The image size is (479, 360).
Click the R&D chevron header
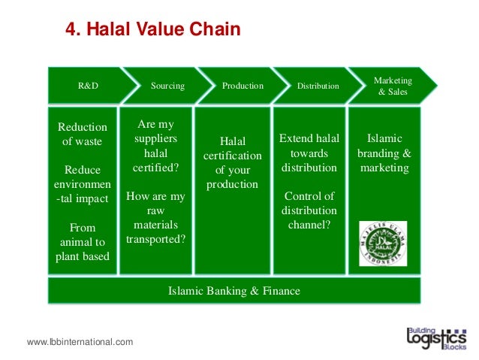pos(88,86)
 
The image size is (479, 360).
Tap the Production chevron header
pos(243,86)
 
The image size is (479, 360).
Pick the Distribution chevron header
pos(318,86)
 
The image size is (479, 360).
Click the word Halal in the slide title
pos(109,30)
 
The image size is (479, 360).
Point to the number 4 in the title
pos(71,30)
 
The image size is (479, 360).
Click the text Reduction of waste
pos(83,134)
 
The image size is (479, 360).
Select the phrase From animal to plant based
pos(83,241)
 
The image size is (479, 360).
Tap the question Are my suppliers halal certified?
pos(155,147)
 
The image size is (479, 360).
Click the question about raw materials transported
pos(155,218)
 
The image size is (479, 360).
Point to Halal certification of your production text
pos(233,162)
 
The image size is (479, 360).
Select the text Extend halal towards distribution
pos(309,153)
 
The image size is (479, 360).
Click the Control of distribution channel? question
pos(309,210)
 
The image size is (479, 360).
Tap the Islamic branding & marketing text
pos(384,153)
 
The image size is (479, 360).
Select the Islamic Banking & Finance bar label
pos(234,290)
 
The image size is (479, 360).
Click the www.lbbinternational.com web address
pos(80,342)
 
